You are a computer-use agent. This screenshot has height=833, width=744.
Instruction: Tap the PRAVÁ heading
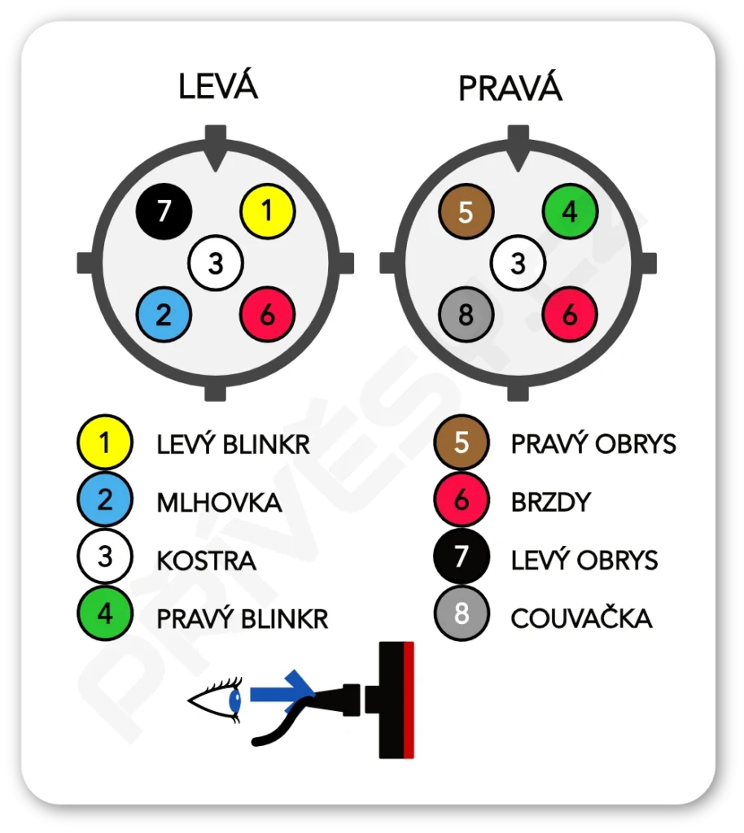(x=510, y=88)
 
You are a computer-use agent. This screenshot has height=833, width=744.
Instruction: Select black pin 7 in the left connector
(x=164, y=212)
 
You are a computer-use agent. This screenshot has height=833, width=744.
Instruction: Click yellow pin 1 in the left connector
(x=267, y=212)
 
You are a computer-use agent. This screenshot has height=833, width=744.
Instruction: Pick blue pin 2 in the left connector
(x=164, y=315)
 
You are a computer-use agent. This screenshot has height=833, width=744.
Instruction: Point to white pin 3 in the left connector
(x=215, y=264)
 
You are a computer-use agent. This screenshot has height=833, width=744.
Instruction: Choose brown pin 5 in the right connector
(x=466, y=212)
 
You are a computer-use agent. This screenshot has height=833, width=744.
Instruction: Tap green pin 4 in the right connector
(x=570, y=212)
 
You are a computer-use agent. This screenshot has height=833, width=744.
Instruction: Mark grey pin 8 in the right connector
(x=466, y=315)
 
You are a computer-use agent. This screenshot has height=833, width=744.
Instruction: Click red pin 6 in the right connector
(x=570, y=315)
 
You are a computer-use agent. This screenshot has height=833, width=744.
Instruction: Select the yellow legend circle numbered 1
(x=104, y=443)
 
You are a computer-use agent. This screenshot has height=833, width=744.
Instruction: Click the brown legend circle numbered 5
(x=462, y=443)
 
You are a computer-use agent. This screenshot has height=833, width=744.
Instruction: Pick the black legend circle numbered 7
(x=462, y=557)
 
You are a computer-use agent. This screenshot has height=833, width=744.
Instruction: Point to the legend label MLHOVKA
(x=219, y=503)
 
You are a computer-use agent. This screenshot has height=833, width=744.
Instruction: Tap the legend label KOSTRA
(x=206, y=560)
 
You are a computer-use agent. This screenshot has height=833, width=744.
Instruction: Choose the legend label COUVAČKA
(x=581, y=618)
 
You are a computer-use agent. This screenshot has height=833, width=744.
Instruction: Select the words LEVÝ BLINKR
(x=233, y=444)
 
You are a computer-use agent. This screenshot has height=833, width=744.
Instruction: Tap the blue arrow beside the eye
(x=281, y=693)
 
